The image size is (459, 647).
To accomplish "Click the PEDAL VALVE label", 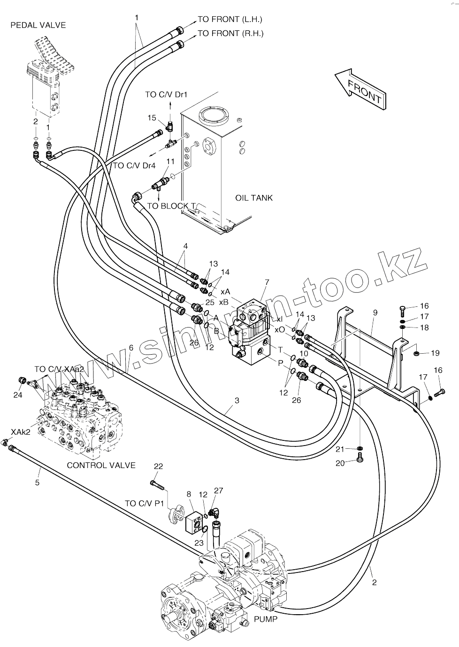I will [38, 25].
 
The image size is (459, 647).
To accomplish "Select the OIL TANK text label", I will [253, 198].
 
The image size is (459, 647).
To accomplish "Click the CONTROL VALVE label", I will [101, 465].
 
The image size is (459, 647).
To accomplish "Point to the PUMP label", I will [266, 619].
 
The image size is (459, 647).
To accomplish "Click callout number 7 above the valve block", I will [267, 282].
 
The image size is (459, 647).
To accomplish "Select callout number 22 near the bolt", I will [158, 466].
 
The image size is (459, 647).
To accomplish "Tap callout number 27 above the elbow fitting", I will [218, 491].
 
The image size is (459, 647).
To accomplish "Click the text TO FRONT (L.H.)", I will [229, 19].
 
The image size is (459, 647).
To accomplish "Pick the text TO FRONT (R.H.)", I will [230, 33].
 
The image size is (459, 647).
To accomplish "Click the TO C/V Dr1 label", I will [166, 95].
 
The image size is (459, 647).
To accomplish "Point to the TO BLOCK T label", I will [171, 206].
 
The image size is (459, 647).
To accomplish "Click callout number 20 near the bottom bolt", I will [340, 463].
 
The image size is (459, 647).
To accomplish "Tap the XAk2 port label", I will [21, 432].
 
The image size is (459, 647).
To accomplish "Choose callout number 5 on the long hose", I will [38, 482].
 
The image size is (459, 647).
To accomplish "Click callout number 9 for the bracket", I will [375, 312].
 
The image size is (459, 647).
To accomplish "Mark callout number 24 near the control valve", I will [17, 395].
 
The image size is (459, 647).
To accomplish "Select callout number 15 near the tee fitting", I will [152, 118].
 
